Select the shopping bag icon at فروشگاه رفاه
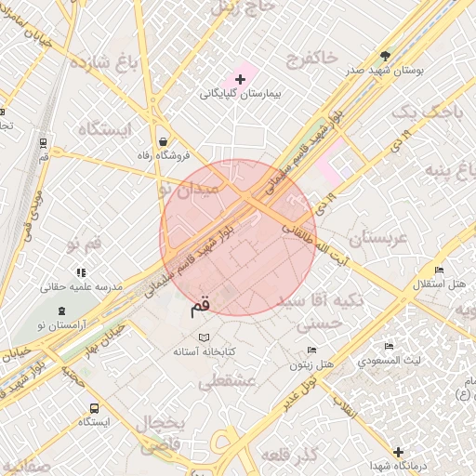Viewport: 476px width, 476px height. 164,141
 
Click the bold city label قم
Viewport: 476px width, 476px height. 200,303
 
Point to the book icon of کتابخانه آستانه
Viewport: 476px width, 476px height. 205,337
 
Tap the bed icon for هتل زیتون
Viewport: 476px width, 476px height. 312,350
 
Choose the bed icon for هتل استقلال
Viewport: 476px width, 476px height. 439,270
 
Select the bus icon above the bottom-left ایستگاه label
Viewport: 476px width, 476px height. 94,408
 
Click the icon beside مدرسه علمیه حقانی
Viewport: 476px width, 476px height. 82,272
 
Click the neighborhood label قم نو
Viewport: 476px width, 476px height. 84,245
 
